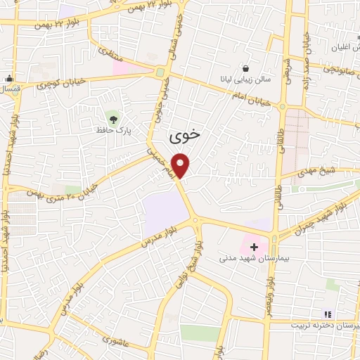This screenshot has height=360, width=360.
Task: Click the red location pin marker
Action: point(181,165)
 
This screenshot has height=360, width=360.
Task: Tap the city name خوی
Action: point(181,134)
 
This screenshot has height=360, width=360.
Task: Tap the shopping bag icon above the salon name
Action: point(245,68)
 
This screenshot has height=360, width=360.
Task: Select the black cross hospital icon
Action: point(254,247)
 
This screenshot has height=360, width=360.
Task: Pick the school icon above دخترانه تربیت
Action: point(326,314)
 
